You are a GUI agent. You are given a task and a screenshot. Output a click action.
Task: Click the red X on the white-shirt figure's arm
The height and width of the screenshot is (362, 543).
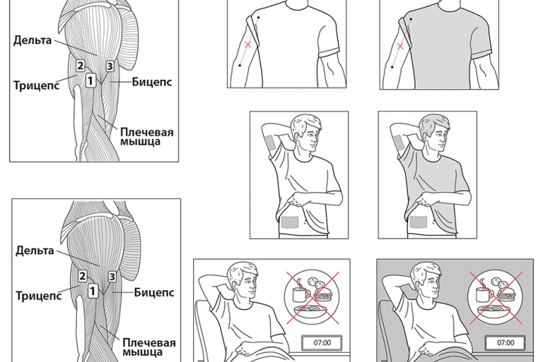tap(248, 44)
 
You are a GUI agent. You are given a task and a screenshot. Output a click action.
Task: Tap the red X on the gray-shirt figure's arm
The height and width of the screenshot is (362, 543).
tap(400, 46)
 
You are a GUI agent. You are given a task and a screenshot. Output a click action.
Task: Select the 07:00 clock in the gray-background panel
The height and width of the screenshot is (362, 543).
tap(505, 343)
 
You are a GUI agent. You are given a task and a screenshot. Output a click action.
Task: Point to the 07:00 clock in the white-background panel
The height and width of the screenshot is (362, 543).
tap(322, 343)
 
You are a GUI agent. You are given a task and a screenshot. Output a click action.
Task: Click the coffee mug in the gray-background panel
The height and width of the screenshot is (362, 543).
tap(483, 294)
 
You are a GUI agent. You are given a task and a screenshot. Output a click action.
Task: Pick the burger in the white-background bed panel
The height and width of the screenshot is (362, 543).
tap(324, 296)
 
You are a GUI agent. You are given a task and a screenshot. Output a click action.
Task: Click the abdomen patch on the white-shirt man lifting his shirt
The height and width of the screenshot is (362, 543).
tap(290, 222)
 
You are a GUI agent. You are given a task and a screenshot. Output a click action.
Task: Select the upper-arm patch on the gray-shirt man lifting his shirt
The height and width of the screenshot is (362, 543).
tap(397, 143)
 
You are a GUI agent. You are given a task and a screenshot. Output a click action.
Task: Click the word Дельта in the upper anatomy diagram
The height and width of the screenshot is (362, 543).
tap(32, 40)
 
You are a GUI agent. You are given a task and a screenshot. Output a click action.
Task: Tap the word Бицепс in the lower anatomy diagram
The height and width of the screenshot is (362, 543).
tap(154, 293)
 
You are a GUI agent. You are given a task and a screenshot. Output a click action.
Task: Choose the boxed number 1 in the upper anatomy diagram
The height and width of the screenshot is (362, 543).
tap(90, 81)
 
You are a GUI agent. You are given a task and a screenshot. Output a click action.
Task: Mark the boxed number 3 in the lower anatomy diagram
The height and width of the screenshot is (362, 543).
tap(112, 277)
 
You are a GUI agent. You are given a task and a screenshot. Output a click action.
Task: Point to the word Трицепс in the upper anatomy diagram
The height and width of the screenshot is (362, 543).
tap(36, 85)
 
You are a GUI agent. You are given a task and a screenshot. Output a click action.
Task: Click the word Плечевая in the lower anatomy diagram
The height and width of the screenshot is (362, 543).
tap(149, 342)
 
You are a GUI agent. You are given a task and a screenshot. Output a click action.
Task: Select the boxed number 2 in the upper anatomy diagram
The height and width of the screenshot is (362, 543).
tap(81, 66)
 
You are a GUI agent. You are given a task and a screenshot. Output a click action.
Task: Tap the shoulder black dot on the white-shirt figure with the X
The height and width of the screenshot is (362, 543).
tap(259, 17)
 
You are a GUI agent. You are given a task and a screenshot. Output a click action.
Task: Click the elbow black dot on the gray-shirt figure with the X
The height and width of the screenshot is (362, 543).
tap(392, 67)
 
